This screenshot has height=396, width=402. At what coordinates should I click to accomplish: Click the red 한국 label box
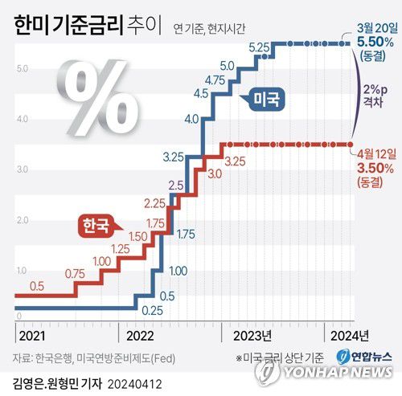coord(96,225)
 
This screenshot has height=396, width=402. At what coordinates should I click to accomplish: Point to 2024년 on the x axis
coord(351,334)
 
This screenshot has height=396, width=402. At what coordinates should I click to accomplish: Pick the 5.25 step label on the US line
coord(258,50)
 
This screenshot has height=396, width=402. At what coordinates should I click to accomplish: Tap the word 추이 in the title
coord(140,29)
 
